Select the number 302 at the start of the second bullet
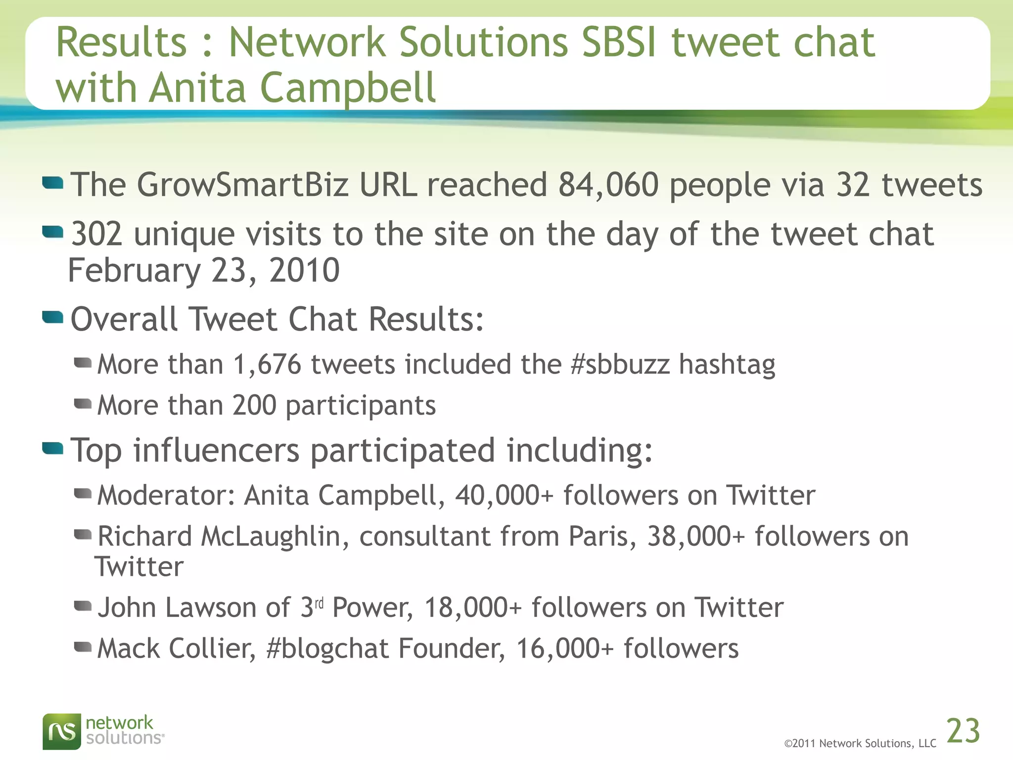point(96,234)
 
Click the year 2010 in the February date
point(304,271)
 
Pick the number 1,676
point(267,365)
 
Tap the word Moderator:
point(166,496)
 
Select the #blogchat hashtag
point(327,649)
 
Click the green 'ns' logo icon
point(61,731)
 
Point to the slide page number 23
point(963,731)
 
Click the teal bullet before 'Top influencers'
point(53,448)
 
